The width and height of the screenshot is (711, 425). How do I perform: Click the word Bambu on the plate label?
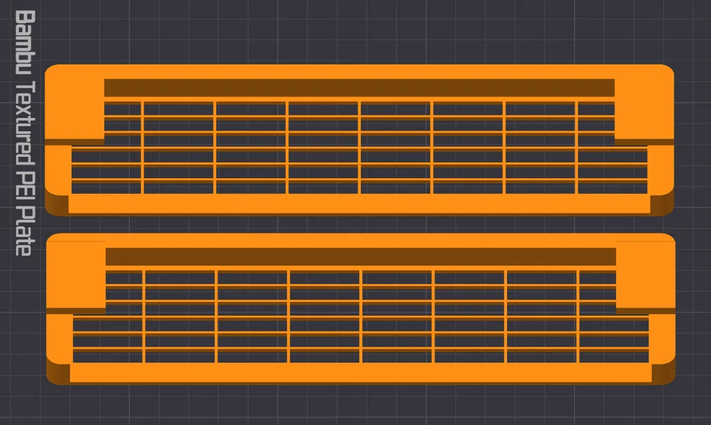25,42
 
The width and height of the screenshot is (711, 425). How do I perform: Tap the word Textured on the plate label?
25,123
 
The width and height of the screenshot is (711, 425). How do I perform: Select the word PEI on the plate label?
25,186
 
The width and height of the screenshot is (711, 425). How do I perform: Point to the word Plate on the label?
25,231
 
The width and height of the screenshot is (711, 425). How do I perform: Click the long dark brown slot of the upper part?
359,88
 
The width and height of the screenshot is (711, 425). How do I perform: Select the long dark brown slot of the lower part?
361,257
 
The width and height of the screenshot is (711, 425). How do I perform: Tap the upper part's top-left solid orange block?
75,104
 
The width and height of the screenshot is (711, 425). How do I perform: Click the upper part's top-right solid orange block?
644,104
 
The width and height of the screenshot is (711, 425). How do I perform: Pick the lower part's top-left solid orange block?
76,273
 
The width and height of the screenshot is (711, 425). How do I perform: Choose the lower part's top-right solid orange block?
646,273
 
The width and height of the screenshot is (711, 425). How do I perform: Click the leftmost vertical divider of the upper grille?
142,148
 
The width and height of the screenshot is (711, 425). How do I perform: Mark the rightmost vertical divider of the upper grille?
576,148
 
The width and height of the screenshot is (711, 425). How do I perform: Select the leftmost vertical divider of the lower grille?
144,317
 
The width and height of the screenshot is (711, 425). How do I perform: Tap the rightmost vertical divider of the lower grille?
578,317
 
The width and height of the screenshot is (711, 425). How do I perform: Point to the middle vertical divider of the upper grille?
359,148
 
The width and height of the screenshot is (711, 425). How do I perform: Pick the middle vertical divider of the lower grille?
361,317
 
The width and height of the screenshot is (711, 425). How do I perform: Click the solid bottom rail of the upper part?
359,203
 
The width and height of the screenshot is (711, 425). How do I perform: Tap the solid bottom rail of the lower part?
361,373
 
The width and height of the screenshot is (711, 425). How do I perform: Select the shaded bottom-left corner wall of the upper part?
57,203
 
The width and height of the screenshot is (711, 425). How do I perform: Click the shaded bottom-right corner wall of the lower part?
663,373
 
